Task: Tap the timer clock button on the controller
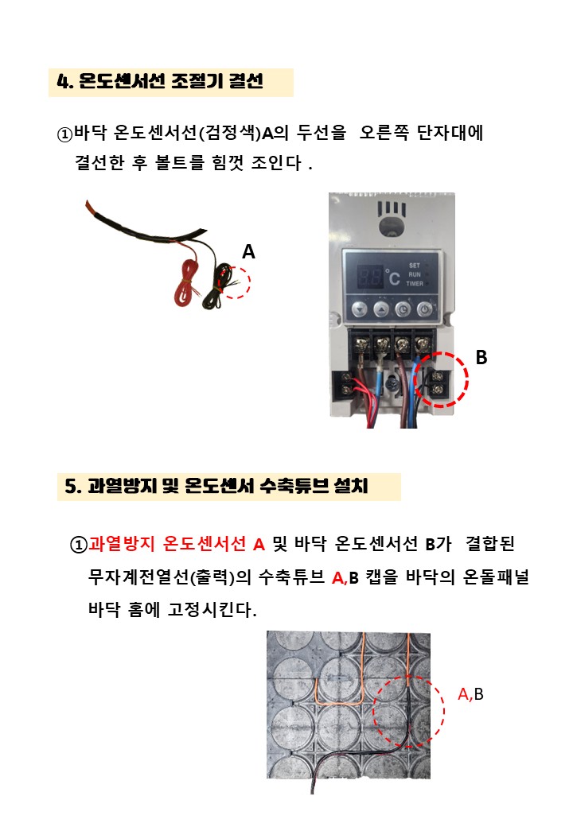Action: (403, 309)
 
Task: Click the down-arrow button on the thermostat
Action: (360, 309)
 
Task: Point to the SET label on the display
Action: (415, 266)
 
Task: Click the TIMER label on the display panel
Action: (415, 284)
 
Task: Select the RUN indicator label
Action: (415, 275)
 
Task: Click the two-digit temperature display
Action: (370, 276)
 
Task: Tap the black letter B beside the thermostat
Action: (481, 357)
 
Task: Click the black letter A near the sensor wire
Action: (248, 251)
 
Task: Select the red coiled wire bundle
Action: (185, 285)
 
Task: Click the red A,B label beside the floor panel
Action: (470, 694)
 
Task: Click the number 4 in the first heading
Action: (64, 82)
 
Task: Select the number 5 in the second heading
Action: (71, 486)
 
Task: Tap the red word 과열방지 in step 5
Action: (121, 543)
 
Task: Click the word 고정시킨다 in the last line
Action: (209, 610)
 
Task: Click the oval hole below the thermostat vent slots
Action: (392, 227)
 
